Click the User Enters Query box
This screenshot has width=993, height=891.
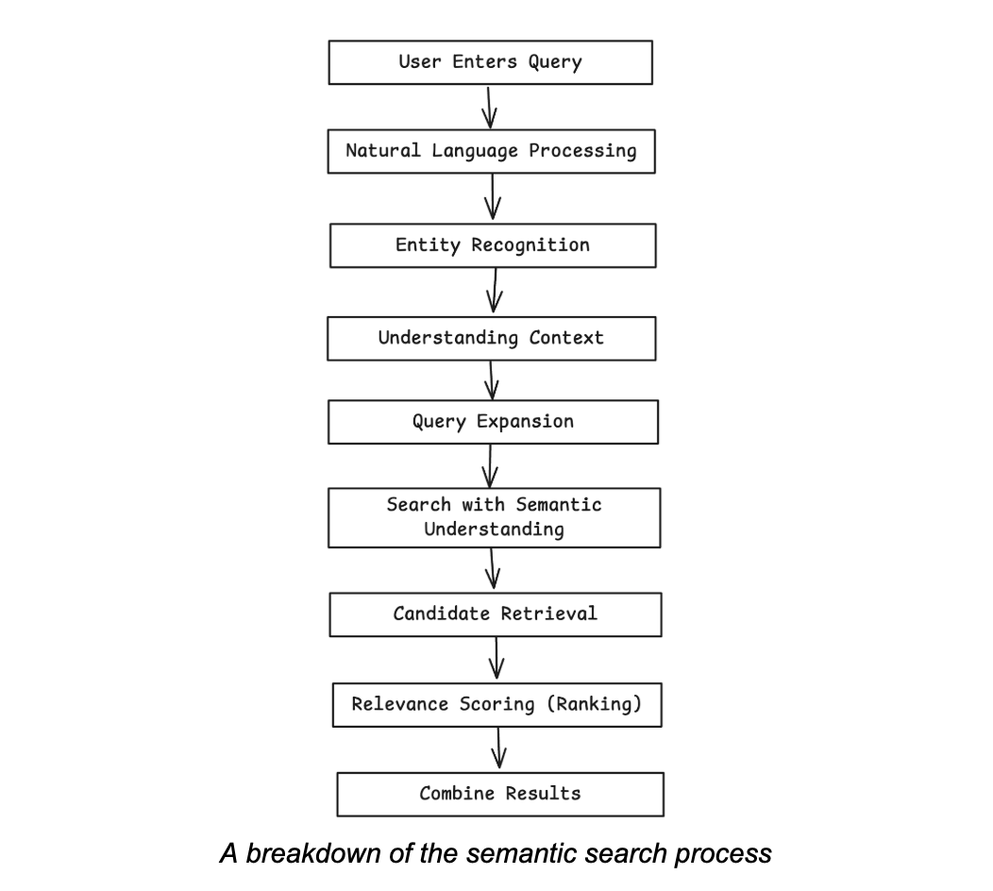(x=490, y=62)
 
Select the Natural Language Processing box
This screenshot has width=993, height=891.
(x=491, y=151)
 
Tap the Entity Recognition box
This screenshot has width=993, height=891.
(x=492, y=245)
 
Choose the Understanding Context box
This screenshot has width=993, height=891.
(x=491, y=338)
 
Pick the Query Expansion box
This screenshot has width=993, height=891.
(x=493, y=421)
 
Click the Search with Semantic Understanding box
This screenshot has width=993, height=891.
(x=494, y=517)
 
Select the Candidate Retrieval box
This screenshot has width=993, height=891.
(x=495, y=614)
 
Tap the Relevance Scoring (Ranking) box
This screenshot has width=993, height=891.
(x=496, y=704)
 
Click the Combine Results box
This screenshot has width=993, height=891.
(x=500, y=794)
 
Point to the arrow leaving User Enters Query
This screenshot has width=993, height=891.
(x=489, y=107)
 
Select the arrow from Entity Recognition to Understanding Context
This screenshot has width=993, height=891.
(x=494, y=291)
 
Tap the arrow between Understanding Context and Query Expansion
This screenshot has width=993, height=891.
(x=492, y=380)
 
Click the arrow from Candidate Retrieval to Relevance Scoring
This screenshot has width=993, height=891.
(x=496, y=659)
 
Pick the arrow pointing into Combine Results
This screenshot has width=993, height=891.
(x=499, y=749)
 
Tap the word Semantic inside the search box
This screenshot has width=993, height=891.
(x=558, y=505)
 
